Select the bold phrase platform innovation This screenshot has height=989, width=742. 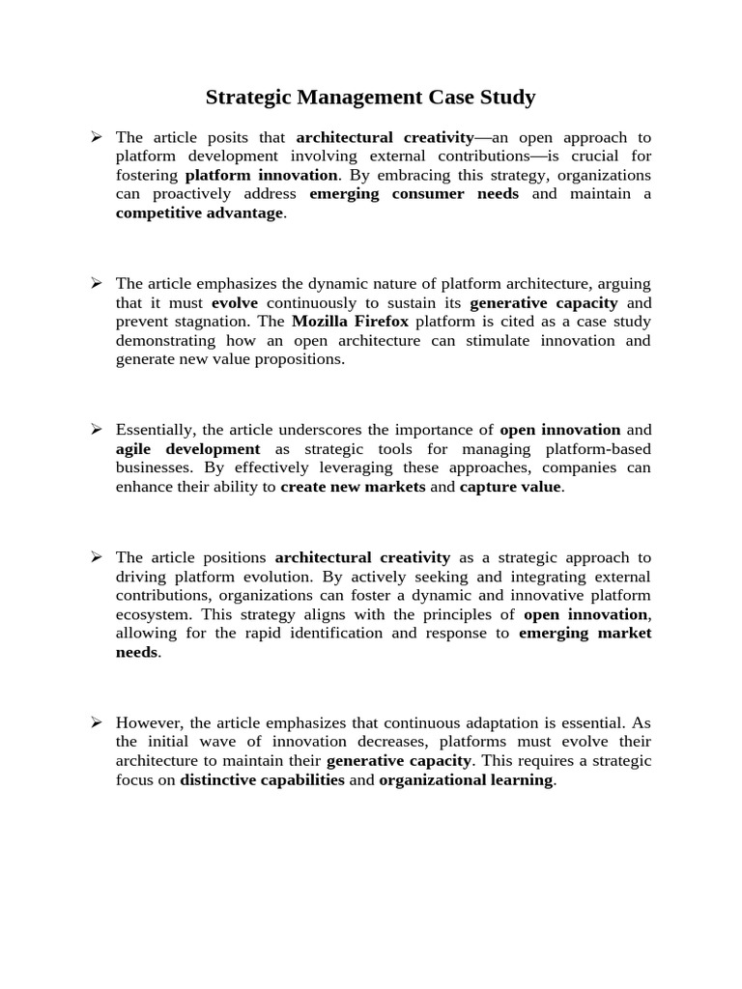click(x=262, y=175)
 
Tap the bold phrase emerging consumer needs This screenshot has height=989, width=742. click(x=414, y=193)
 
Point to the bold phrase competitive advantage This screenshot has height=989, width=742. click(x=199, y=212)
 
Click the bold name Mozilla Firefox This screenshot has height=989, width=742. click(x=351, y=322)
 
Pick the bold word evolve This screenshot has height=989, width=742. click(x=235, y=302)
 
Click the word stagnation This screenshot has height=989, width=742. click(x=217, y=322)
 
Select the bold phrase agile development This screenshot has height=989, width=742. click(x=188, y=449)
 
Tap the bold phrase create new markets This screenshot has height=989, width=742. click(x=353, y=487)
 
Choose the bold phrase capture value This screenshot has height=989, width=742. click(x=510, y=487)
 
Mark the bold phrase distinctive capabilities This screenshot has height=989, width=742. click(x=262, y=779)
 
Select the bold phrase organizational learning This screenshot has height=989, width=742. click(x=466, y=779)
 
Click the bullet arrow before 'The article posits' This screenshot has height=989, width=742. click(x=97, y=137)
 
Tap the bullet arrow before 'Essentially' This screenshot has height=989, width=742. click(x=97, y=430)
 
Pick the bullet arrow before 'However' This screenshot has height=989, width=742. click(x=97, y=722)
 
